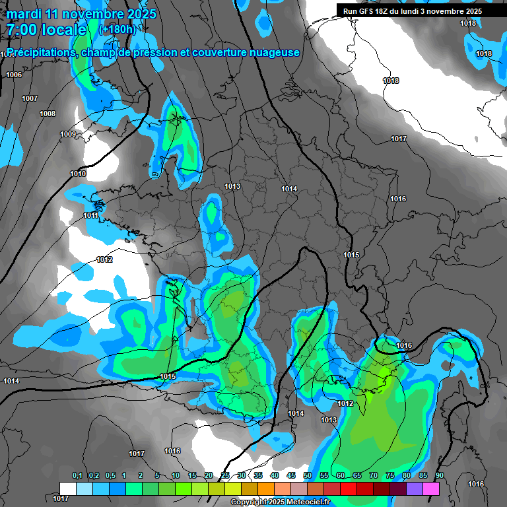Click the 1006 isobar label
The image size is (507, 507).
(14, 75)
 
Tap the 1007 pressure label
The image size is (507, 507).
(30, 98)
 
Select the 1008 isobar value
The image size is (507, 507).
(48, 114)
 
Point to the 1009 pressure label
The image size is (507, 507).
(68, 135)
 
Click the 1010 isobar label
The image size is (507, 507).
(78, 174)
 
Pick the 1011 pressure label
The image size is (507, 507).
(91, 215)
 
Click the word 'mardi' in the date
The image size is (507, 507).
(24, 14)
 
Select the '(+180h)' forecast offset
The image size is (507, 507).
(118, 30)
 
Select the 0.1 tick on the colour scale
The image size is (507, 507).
(77, 475)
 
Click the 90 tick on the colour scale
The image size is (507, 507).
(439, 475)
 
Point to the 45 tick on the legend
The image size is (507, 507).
(291, 475)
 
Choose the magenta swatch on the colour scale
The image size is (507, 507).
(431, 489)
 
